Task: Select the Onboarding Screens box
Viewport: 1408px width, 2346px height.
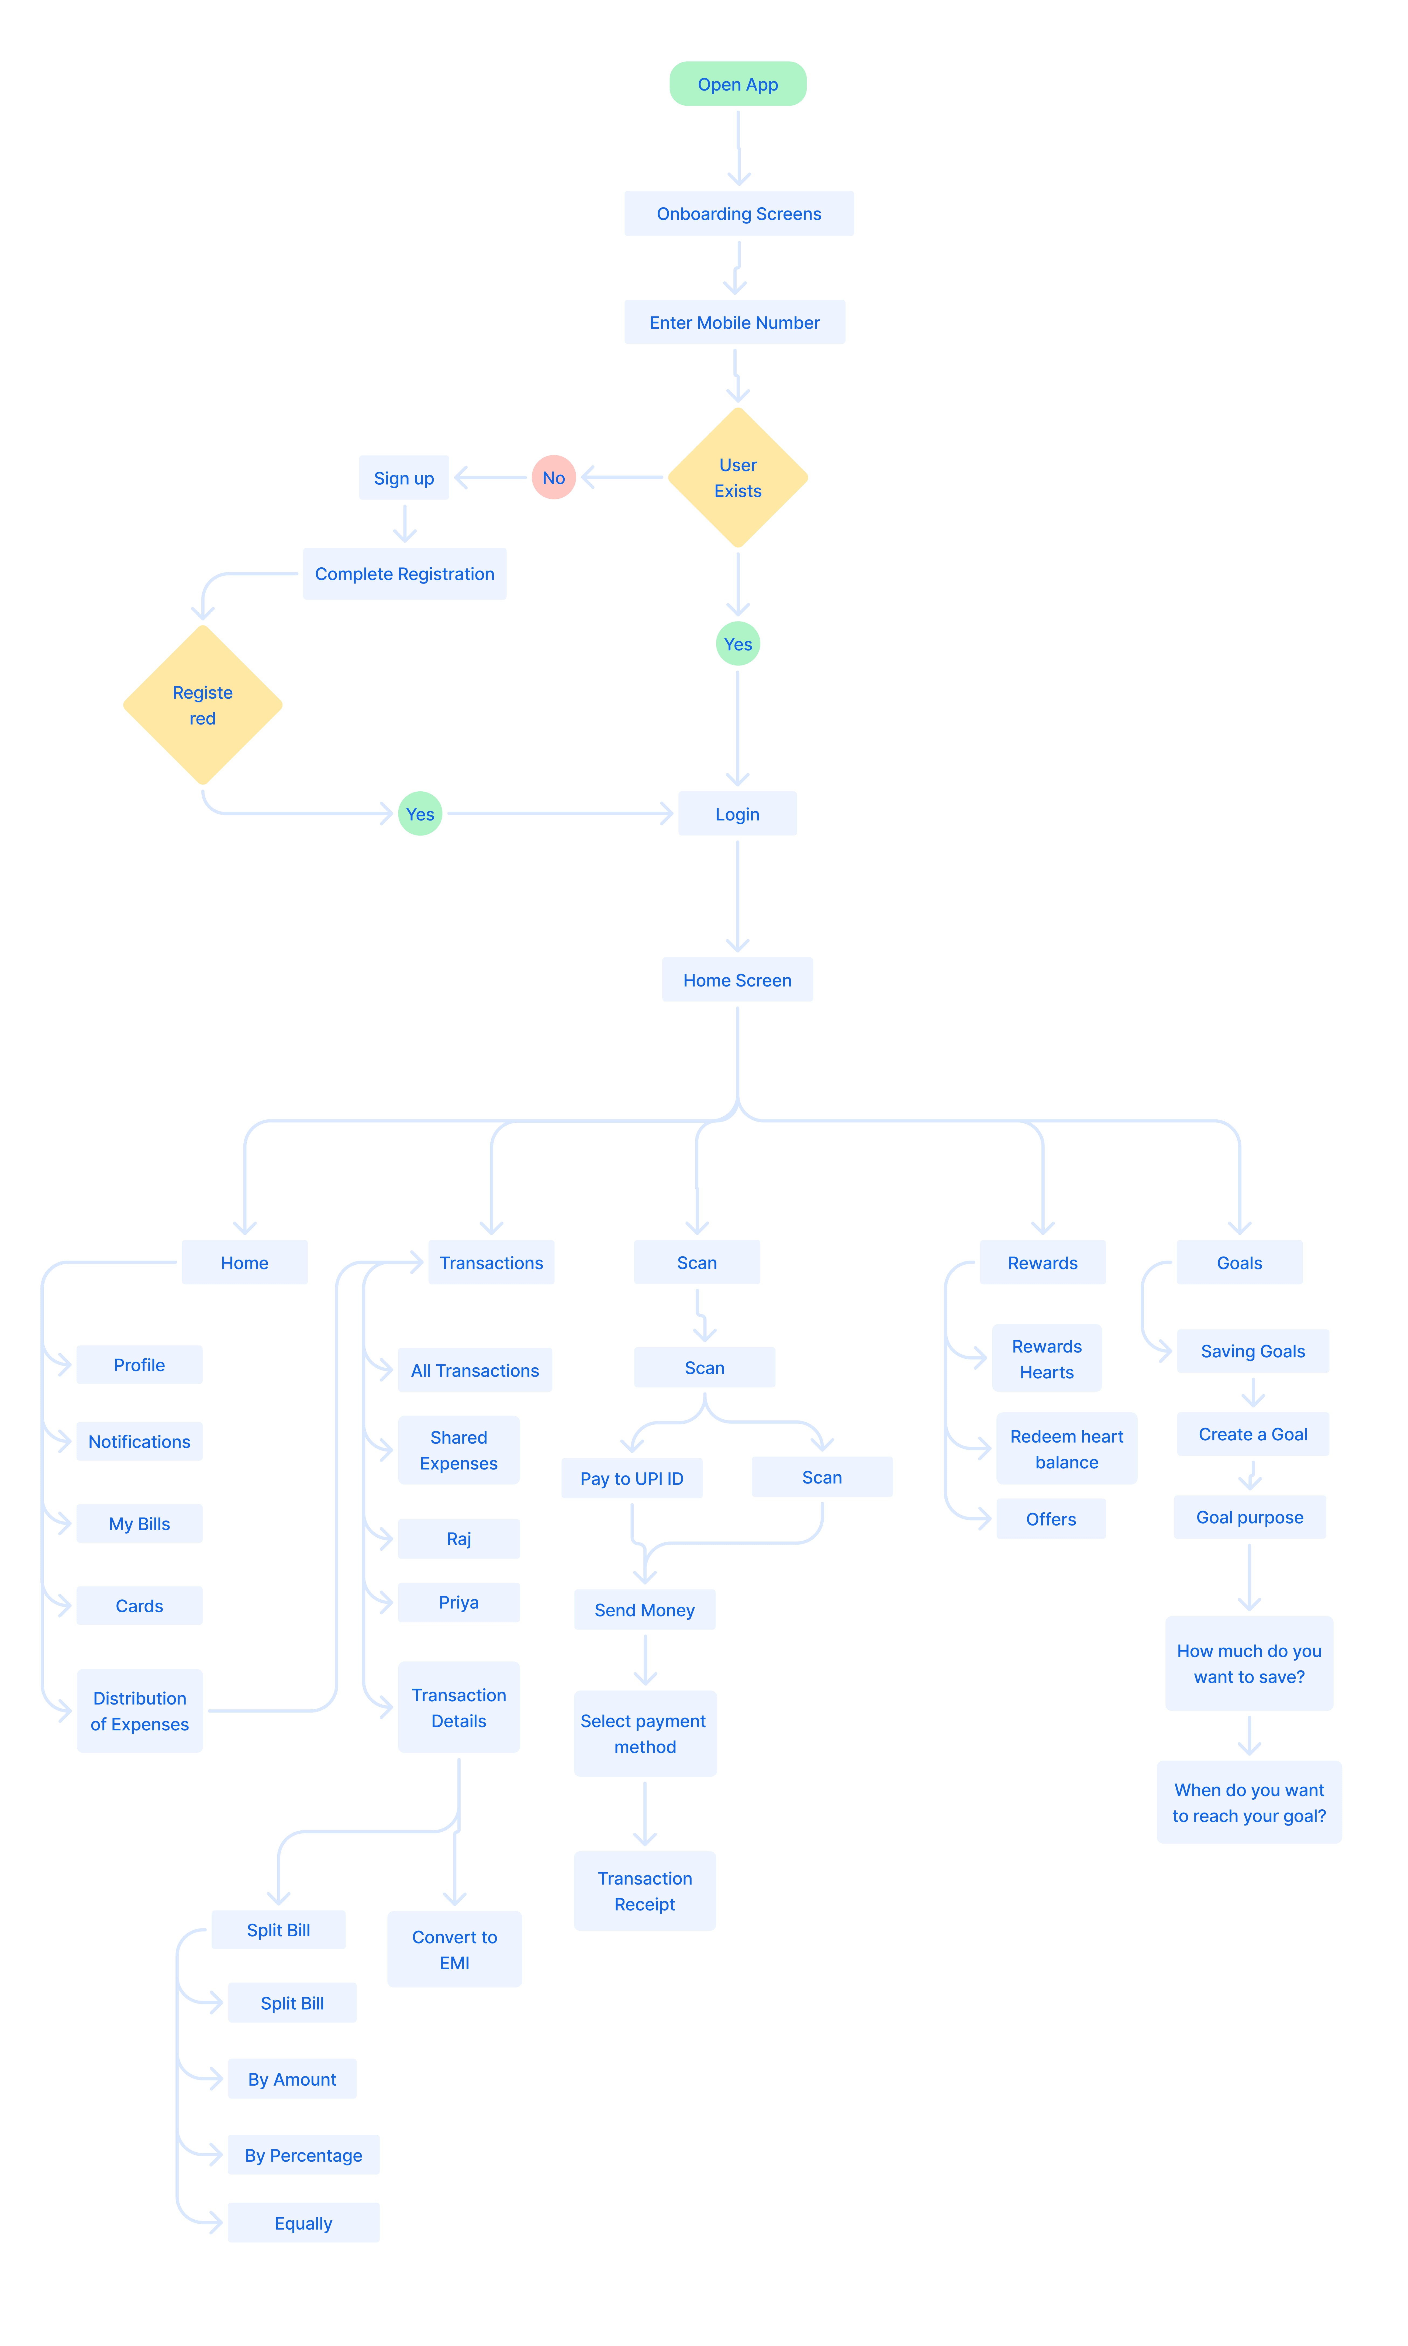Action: point(738,213)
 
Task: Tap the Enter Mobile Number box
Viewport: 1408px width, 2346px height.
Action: point(734,323)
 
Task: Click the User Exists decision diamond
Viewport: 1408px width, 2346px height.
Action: point(738,477)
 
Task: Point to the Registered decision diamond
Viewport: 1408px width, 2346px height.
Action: point(202,705)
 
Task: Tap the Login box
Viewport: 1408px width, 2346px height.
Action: point(737,814)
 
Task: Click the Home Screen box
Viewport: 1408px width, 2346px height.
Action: point(737,980)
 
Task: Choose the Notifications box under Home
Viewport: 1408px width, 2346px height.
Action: point(139,1441)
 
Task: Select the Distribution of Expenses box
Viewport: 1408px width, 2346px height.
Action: point(139,1710)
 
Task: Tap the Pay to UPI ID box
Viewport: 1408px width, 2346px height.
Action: point(632,1478)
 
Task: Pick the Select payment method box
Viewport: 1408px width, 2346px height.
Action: point(645,1733)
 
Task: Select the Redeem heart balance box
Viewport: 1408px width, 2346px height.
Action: point(1067,1448)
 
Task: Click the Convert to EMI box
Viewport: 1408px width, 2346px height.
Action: point(454,1950)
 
